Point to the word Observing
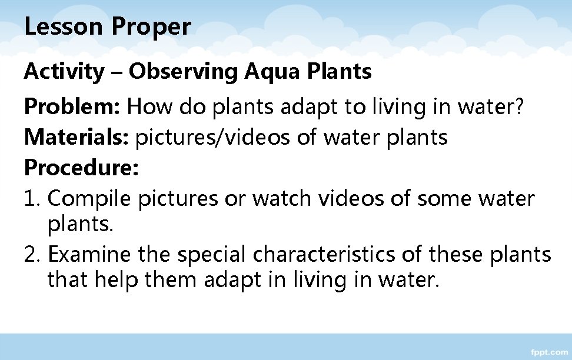[184, 73]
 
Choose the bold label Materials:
[78, 138]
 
